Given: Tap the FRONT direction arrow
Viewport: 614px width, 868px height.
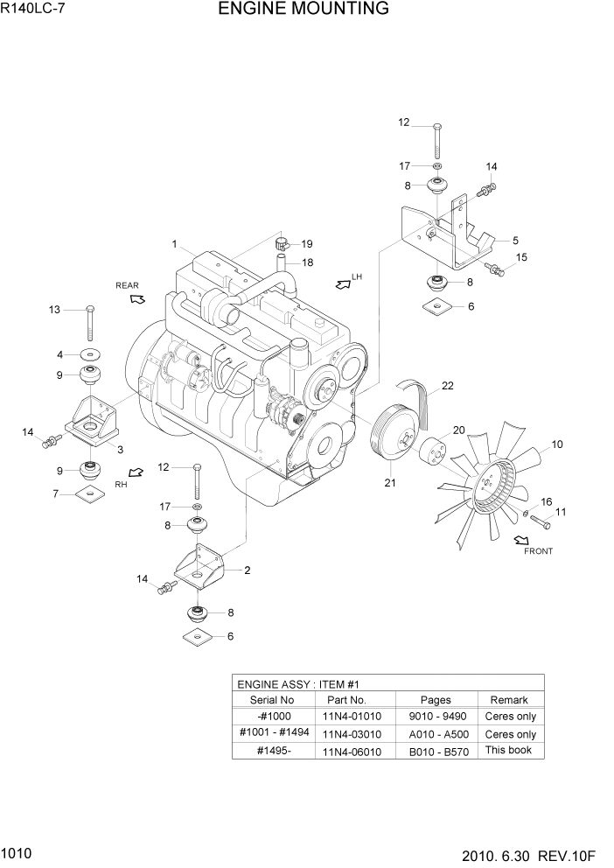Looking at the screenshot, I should [523, 540].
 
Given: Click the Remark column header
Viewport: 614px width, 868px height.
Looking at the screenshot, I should [509, 700].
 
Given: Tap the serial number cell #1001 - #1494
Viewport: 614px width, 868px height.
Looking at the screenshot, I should [273, 733].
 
